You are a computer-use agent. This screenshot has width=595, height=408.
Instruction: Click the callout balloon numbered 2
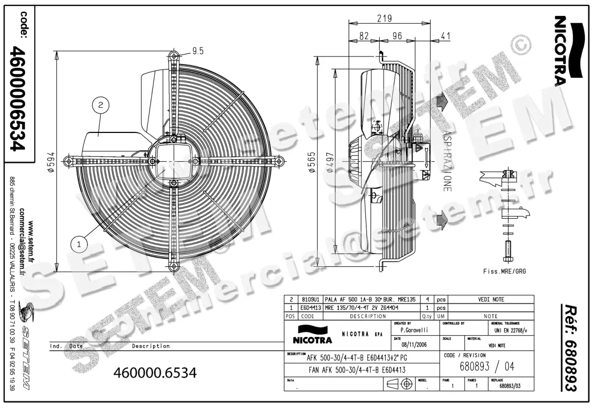pyautogui.click(x=101, y=105)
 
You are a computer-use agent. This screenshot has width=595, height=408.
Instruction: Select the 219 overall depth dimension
pyautogui.click(x=384, y=19)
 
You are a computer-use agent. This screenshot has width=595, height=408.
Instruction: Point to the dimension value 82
pyautogui.click(x=364, y=36)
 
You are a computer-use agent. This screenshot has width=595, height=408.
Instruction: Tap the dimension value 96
pyautogui.click(x=397, y=36)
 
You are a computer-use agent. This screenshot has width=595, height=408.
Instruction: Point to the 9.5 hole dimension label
pyautogui.click(x=198, y=50)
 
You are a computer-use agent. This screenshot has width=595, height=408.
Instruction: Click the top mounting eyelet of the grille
pyautogui.click(x=173, y=56)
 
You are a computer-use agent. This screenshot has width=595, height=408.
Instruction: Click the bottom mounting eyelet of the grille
pyautogui.click(x=173, y=267)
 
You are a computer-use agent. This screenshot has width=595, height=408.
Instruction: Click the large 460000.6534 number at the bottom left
pyautogui.click(x=155, y=372)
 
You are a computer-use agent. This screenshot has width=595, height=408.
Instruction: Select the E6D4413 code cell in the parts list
pyautogui.click(x=311, y=307)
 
